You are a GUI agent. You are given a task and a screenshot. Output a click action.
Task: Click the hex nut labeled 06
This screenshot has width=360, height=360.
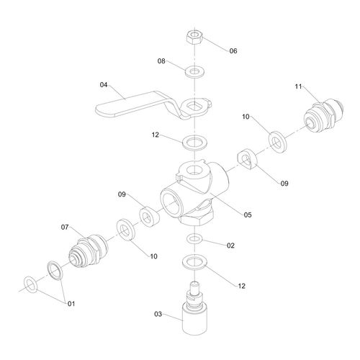click(195, 37)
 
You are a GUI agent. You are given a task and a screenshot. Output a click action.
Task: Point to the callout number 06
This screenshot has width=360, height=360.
click(233, 51)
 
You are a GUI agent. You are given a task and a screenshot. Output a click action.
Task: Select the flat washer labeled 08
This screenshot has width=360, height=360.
click(195, 72)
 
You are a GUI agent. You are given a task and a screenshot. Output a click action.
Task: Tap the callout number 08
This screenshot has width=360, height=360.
click(161, 61)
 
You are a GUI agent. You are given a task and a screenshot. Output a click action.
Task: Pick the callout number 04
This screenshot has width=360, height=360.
click(104, 85)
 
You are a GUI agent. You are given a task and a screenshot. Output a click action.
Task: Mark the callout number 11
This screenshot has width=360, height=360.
click(298, 86)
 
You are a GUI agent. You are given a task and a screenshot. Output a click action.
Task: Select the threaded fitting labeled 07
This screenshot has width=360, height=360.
click(88, 251)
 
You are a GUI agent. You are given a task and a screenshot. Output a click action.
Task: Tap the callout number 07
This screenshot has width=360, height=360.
click(65, 227)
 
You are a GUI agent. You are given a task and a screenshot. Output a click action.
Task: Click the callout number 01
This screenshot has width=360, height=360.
click(71, 304)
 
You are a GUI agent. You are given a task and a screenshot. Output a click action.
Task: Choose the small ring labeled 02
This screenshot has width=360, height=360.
click(194, 239)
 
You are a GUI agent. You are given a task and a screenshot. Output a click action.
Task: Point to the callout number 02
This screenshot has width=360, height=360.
click(230, 246)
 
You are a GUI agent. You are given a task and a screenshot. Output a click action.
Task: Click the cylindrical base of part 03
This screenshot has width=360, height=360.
click(194, 319)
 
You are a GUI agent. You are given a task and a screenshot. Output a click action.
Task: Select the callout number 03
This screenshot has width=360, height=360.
click(158, 314)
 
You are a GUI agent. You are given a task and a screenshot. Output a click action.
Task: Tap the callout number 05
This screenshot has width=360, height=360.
click(248, 215)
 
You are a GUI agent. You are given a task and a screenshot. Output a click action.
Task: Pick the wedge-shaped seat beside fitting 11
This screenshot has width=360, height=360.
click(247, 159)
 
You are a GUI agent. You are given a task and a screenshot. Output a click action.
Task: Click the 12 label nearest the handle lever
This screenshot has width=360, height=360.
click(156, 135)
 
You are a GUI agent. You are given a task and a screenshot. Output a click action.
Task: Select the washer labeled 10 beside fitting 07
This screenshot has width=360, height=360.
click(126, 230)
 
